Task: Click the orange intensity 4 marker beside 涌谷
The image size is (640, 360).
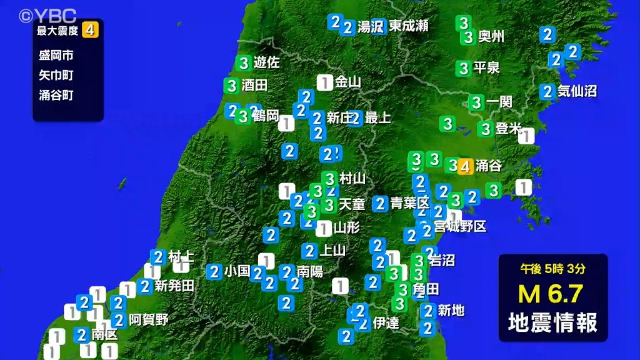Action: tap(464, 166)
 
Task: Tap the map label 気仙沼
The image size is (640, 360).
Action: tap(577, 91)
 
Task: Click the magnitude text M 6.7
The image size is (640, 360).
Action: tap(552, 294)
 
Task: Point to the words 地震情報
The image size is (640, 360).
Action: tap(552, 322)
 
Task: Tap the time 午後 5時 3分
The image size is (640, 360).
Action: tap(552, 269)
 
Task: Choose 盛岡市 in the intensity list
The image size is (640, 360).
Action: tap(56, 55)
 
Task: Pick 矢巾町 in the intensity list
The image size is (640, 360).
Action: tap(56, 75)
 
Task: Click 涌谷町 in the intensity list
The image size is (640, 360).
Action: tap(56, 95)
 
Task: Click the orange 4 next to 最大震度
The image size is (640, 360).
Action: tap(91, 29)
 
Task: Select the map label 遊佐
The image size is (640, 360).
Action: tap(267, 62)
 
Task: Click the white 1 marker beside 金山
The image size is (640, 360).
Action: tap(324, 82)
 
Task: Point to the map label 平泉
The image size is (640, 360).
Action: tap(486, 67)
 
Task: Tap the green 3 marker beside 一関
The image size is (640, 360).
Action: tap(477, 102)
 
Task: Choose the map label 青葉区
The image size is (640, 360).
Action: tap(410, 203)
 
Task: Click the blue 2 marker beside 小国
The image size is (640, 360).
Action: tap(214, 271)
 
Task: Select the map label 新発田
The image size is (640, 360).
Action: tap(174, 286)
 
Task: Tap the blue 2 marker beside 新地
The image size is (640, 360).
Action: tap(428, 310)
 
